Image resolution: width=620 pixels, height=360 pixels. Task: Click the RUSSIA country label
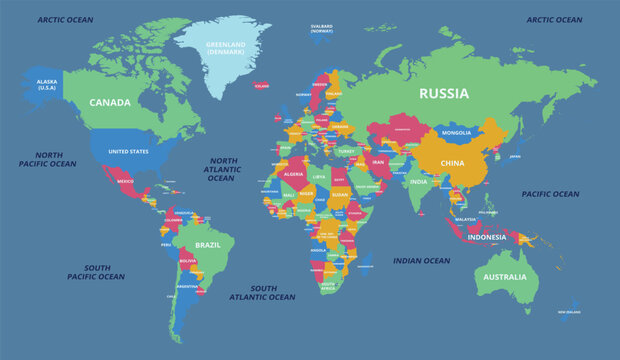443,94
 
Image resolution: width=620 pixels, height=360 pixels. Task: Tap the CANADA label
110,103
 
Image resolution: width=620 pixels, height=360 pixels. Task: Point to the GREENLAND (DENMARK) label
226,48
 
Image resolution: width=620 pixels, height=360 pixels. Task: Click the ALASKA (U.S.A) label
47,85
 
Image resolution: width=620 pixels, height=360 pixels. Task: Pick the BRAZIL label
208,245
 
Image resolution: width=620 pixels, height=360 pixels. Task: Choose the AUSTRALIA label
504,277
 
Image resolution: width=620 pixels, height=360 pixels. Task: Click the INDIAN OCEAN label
421,261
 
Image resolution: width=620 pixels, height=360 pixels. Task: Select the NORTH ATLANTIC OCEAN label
222,169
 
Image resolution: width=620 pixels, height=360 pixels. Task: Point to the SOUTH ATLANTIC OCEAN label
263,293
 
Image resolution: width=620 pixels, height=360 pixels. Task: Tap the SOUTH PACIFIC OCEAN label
96,272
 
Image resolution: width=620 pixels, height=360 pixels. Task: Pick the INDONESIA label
486,238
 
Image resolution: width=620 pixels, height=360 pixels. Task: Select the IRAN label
378,162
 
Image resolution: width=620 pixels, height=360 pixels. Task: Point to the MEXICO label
124,182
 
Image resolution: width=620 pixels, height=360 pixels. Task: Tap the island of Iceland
260,86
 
